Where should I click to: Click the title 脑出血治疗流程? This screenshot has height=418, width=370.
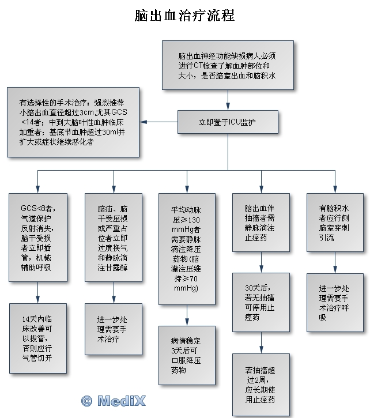[184, 16]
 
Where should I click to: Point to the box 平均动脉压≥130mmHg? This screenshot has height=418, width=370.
[186, 248]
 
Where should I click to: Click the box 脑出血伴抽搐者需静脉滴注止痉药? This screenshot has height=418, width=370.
[262, 223]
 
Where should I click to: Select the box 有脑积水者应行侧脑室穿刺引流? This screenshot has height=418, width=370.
[335, 223]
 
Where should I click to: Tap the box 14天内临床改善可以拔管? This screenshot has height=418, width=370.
[37, 337]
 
